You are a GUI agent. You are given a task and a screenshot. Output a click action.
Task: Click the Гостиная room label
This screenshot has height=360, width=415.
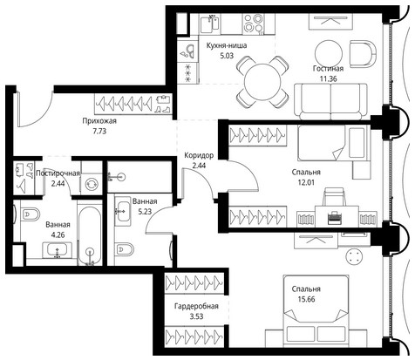click(328, 69)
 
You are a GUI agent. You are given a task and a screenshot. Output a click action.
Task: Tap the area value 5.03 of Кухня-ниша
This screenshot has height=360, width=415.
click(227, 56)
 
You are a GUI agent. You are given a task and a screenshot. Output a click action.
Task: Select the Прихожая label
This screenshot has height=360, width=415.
click(99, 121)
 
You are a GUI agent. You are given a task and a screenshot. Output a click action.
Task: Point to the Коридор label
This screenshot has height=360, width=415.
click(199, 155)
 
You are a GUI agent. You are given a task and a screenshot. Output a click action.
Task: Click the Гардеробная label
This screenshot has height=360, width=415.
click(196, 306)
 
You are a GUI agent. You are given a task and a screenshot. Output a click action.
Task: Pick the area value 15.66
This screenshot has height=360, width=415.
click(307, 299)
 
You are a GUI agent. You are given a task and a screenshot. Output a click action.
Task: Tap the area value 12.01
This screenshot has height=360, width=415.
click(306, 182)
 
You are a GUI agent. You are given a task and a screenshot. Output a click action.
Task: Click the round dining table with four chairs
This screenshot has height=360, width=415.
click(262, 82)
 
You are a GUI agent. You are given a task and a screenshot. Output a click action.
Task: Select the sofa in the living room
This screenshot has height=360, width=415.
click(330, 102)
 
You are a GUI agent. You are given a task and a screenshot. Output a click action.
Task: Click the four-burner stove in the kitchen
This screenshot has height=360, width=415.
click(254, 24)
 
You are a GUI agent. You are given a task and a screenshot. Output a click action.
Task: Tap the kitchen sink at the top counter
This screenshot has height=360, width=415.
click(210, 24)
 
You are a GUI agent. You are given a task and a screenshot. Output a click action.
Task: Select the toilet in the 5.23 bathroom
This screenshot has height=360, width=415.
click(124, 249)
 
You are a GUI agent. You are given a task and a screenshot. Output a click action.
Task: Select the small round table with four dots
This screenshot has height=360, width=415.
click(354, 256)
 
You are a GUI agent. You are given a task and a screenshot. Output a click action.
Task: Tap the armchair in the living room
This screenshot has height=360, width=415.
click(364, 54)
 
